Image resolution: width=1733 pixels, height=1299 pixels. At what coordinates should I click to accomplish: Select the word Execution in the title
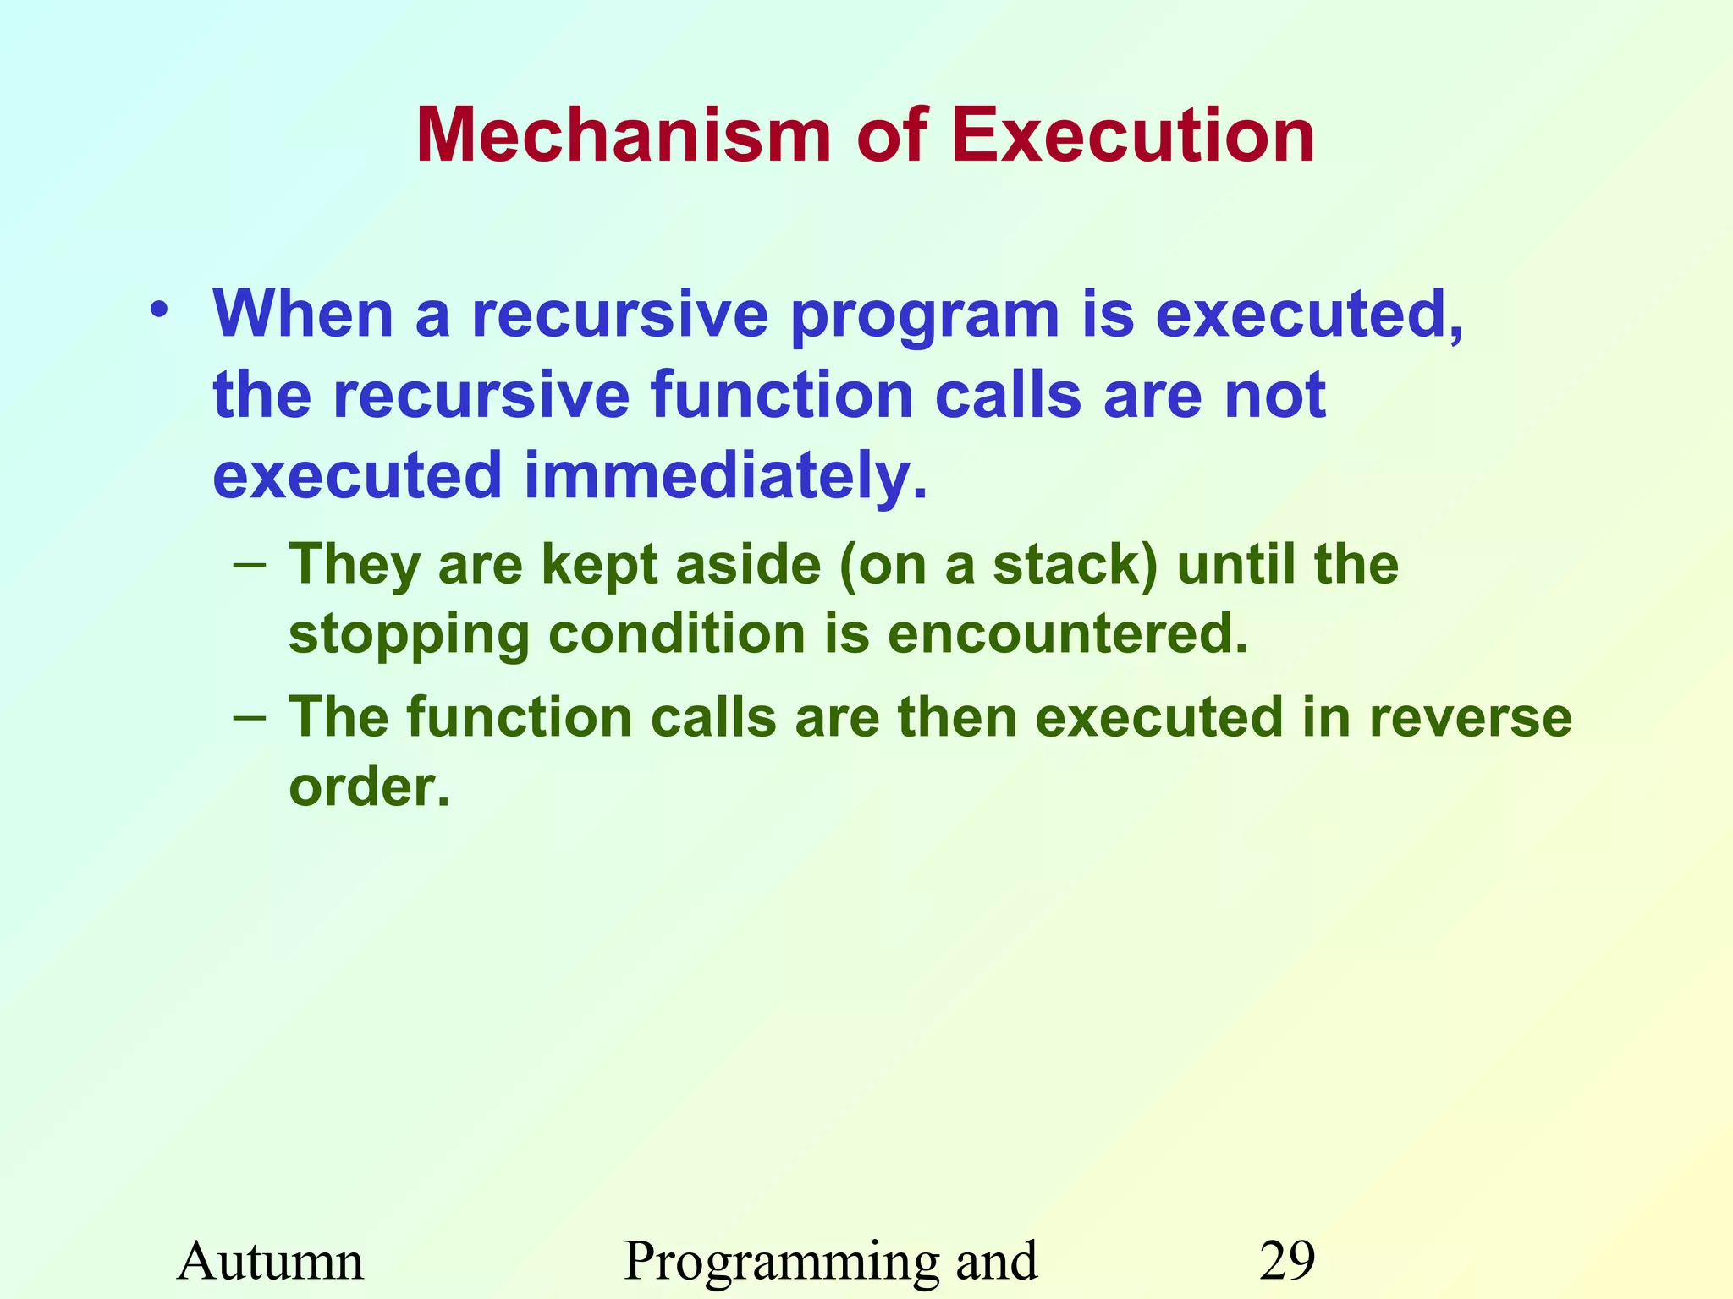tap(1133, 136)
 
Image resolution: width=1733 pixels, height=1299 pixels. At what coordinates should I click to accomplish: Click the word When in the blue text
tap(304, 315)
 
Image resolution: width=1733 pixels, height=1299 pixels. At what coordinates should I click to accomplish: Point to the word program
tap(925, 318)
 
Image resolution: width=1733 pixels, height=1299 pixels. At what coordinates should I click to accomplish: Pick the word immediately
tap(725, 477)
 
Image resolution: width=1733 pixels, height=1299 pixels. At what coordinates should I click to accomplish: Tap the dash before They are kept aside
tap(250, 564)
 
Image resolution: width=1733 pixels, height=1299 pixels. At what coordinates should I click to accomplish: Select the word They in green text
tap(355, 567)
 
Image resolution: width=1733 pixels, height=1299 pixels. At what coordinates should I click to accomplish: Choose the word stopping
tap(408, 637)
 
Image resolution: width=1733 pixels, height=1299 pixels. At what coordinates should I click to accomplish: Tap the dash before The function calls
tap(250, 717)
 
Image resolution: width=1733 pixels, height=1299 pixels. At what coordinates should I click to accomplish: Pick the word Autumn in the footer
tap(271, 1261)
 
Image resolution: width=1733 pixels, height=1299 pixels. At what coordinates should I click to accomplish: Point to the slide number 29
tap(1287, 1261)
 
